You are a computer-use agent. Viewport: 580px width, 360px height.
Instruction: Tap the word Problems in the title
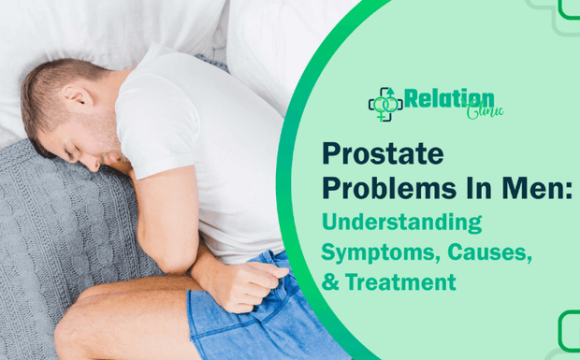pyautogui.click(x=382, y=187)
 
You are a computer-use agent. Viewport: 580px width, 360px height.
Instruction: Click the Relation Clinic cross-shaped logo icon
pyautogui.click(x=384, y=104)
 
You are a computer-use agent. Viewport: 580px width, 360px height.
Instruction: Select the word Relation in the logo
pyautogui.click(x=449, y=97)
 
